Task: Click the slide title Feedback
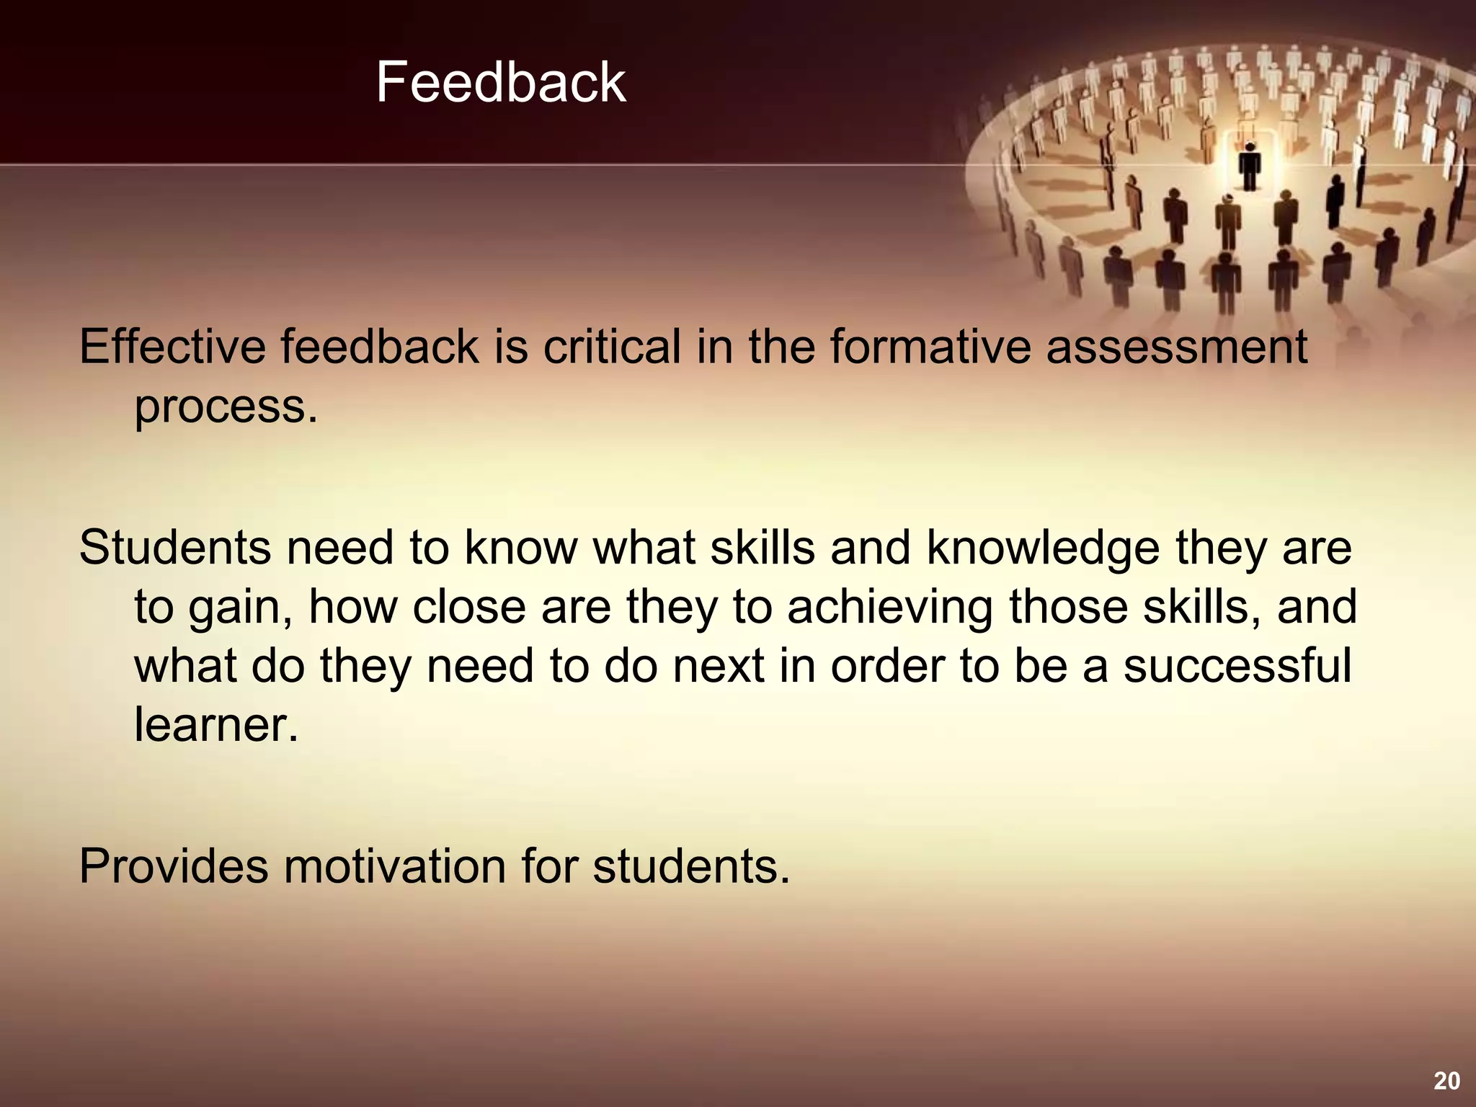coord(500,82)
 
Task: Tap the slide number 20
coord(1446,1080)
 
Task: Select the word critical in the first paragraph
coord(611,347)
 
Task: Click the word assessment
coord(1176,347)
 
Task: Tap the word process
coord(225,407)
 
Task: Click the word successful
coord(1237,665)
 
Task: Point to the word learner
coord(215,724)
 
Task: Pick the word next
coord(719,665)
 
